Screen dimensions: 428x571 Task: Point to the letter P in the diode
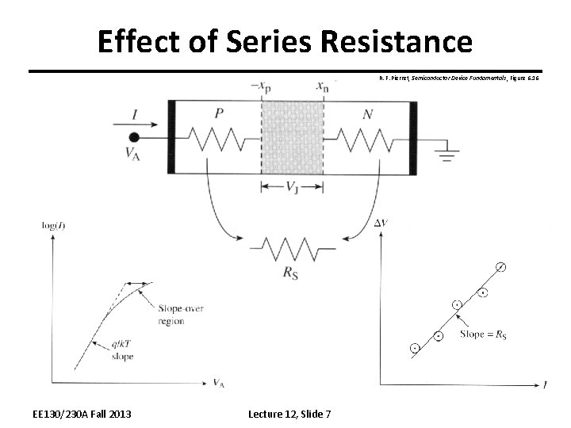click(x=218, y=113)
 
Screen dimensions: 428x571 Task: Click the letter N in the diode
click(x=367, y=114)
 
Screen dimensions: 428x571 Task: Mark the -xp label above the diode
click(x=259, y=86)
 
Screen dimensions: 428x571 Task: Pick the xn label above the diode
click(x=322, y=86)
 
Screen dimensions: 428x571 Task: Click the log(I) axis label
click(x=52, y=226)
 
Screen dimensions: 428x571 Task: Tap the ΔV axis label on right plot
click(x=381, y=224)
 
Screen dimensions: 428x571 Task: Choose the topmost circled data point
click(x=500, y=266)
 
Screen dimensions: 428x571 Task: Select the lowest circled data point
click(x=415, y=347)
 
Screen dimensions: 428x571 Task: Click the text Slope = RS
click(x=483, y=334)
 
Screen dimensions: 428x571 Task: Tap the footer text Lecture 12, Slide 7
click(x=289, y=414)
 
